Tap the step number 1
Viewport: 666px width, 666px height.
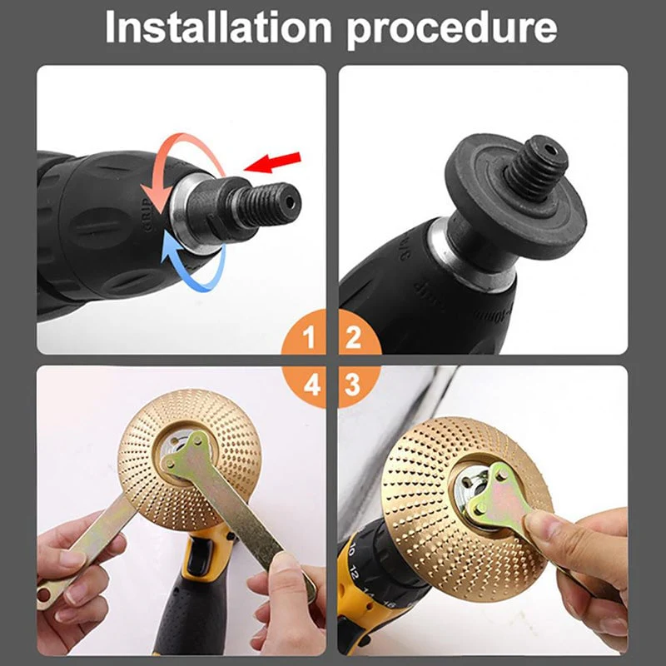pos(309,339)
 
